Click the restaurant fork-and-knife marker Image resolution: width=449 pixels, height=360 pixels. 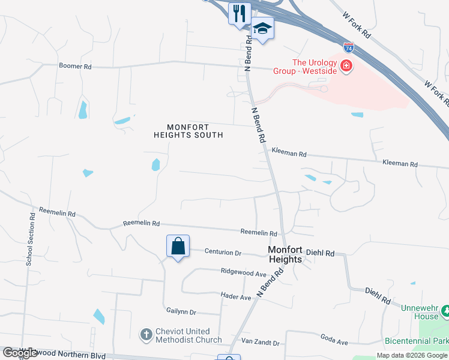click(x=240, y=13)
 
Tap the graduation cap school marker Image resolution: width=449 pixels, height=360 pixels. click(x=262, y=28)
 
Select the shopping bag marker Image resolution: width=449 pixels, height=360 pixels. click(x=178, y=246)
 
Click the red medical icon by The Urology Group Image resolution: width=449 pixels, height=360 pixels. click(x=346, y=66)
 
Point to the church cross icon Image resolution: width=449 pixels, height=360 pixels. click(x=146, y=335)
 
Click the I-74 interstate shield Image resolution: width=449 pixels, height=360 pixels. click(x=349, y=47)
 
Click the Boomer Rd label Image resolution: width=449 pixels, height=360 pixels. click(x=75, y=66)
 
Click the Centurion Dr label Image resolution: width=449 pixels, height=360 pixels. click(x=223, y=252)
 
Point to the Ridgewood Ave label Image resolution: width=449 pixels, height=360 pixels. click(x=243, y=272)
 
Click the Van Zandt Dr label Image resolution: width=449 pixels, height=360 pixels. click(x=260, y=343)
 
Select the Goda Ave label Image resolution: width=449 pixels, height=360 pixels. click(x=334, y=342)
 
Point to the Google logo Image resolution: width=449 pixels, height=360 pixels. click(x=20, y=353)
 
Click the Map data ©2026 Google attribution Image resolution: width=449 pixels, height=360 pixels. click(x=411, y=355)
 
